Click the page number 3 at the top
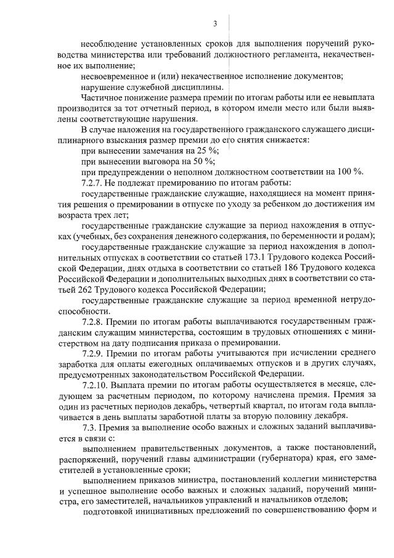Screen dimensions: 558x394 click(x=215, y=23)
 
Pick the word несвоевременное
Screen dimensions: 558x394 click(x=117, y=76)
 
